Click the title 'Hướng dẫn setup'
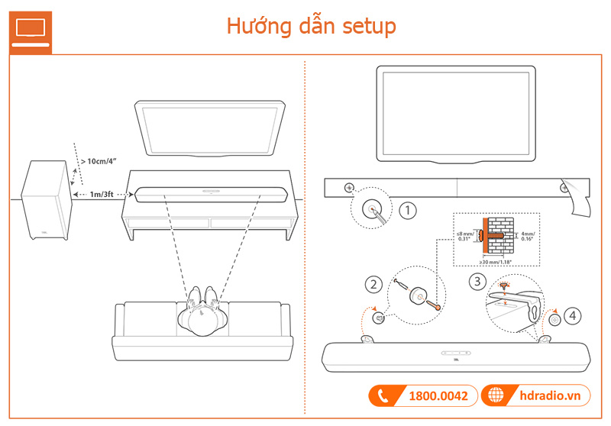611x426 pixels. click(x=311, y=27)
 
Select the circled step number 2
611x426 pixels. click(x=373, y=284)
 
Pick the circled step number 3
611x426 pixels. click(x=477, y=281)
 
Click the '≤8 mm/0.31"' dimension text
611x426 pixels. click(x=465, y=235)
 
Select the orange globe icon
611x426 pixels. click(x=497, y=396)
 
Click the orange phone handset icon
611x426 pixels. click(x=382, y=396)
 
